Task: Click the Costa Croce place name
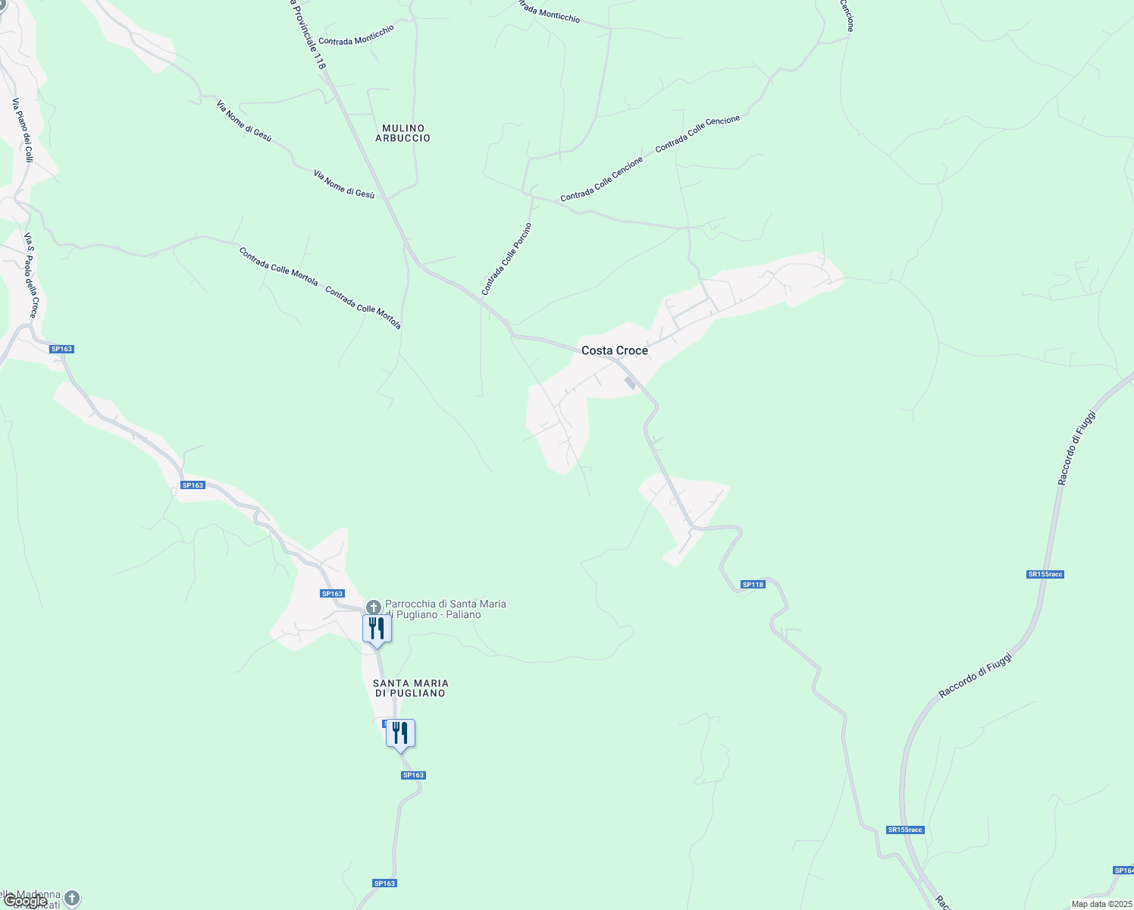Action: [x=615, y=350]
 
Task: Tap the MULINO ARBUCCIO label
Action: [x=403, y=133]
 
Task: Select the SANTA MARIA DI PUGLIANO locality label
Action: [x=410, y=689]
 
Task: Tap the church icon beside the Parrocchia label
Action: [x=373, y=607]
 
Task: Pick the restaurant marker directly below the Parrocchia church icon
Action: [x=377, y=629]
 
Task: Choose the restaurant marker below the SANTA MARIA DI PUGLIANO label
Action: [x=400, y=733]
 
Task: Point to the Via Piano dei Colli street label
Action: [x=23, y=130]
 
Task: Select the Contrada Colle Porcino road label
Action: [x=506, y=259]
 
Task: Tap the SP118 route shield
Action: [x=753, y=585]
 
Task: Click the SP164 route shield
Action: [x=1124, y=871]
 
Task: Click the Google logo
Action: [x=25, y=901]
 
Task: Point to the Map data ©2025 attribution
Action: [x=1101, y=904]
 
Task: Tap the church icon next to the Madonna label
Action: [x=72, y=899]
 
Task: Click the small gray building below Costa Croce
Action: [x=630, y=383]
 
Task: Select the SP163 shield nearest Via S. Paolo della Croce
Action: [x=61, y=349]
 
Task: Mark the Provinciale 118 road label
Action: [x=307, y=35]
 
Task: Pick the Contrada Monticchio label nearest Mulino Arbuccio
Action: [x=356, y=35]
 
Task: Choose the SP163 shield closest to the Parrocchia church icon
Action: [x=332, y=594]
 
